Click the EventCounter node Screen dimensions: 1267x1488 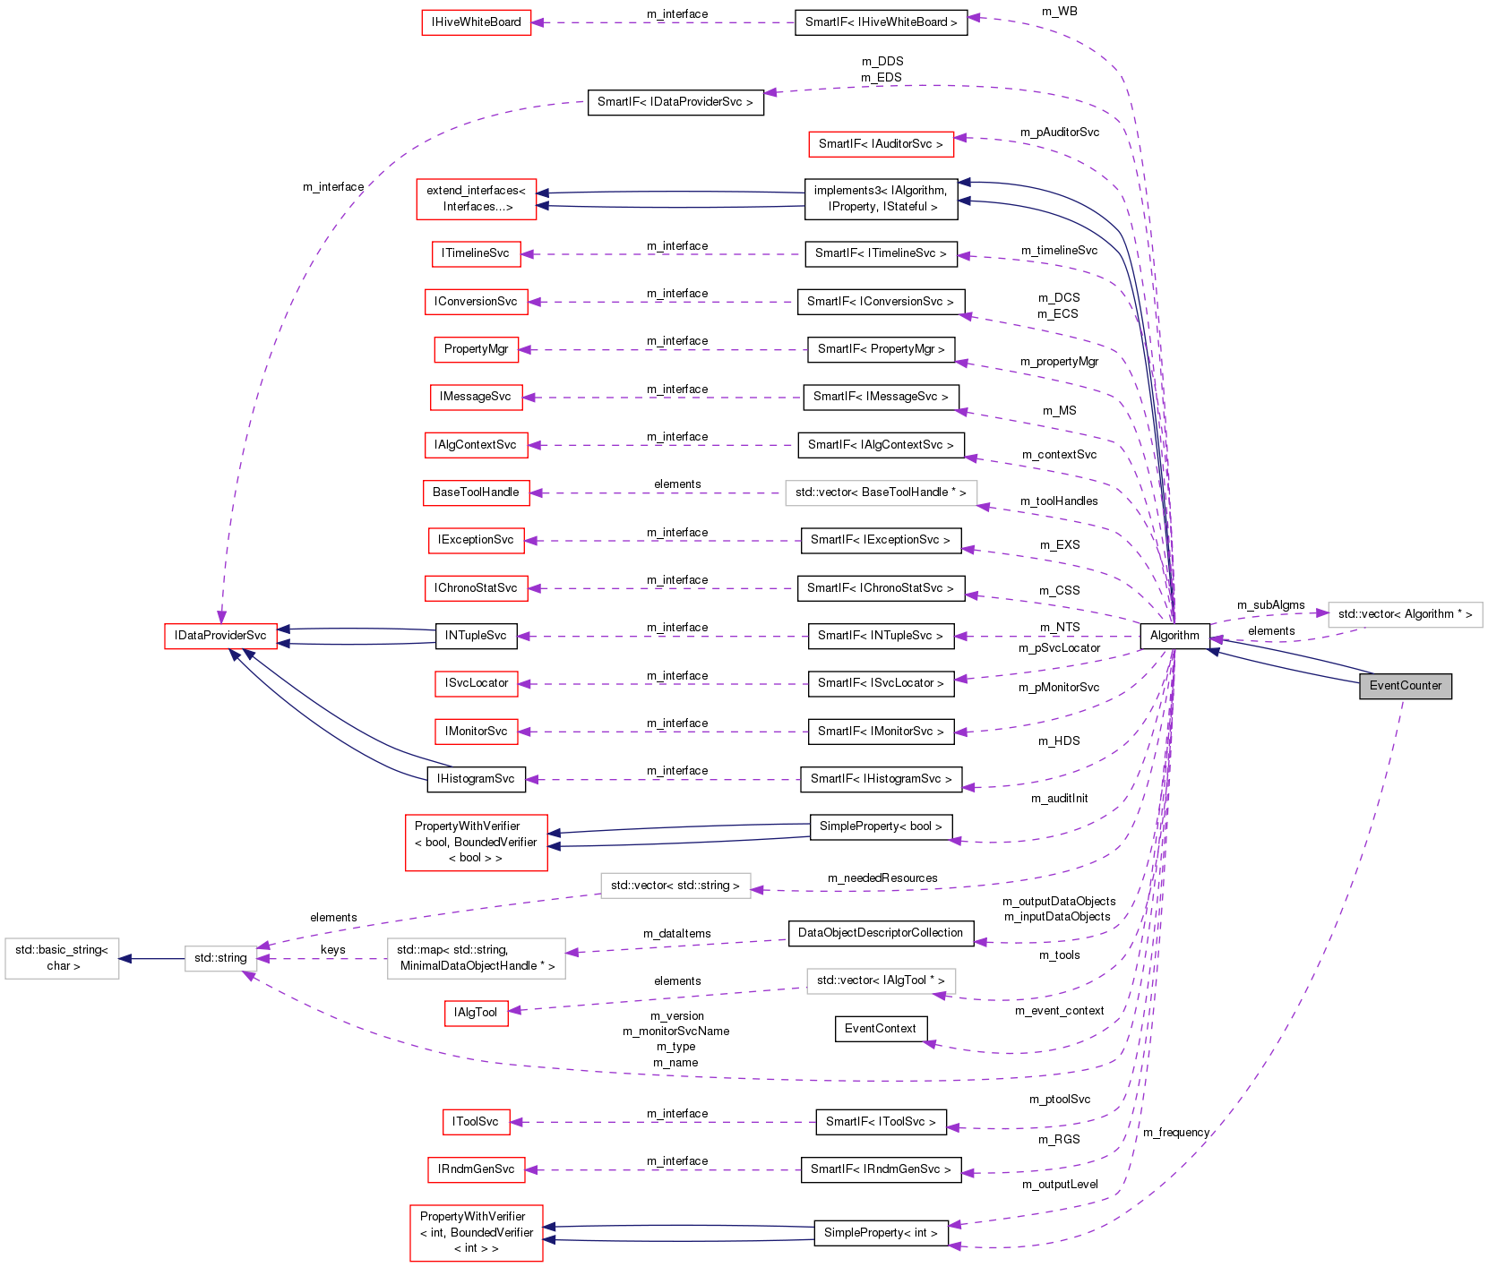(x=1405, y=686)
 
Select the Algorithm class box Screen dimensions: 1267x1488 (x=1174, y=636)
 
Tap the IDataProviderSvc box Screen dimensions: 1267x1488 (x=220, y=636)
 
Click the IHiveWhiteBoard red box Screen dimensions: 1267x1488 (x=476, y=22)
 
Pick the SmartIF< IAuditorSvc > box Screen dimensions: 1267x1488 (x=881, y=144)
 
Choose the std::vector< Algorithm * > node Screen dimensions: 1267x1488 (x=1405, y=614)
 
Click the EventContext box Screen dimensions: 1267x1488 (x=880, y=1029)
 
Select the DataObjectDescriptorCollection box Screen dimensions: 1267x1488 (x=880, y=933)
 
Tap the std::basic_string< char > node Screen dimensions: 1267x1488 (x=63, y=958)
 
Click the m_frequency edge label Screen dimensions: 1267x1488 (x=1175, y=1133)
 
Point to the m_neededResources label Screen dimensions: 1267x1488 (x=882, y=878)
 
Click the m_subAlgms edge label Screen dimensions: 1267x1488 (x=1270, y=605)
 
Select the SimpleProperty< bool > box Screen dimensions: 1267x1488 (x=881, y=826)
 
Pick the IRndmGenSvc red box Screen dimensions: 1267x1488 (x=476, y=1169)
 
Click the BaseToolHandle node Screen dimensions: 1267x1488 (x=476, y=492)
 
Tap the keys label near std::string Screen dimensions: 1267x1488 (x=332, y=950)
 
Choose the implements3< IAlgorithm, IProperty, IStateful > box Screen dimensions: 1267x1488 (x=881, y=199)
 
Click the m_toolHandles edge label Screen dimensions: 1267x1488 (x=1059, y=501)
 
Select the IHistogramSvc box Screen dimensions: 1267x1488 (x=476, y=779)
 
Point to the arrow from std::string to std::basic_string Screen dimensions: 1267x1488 (x=152, y=958)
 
